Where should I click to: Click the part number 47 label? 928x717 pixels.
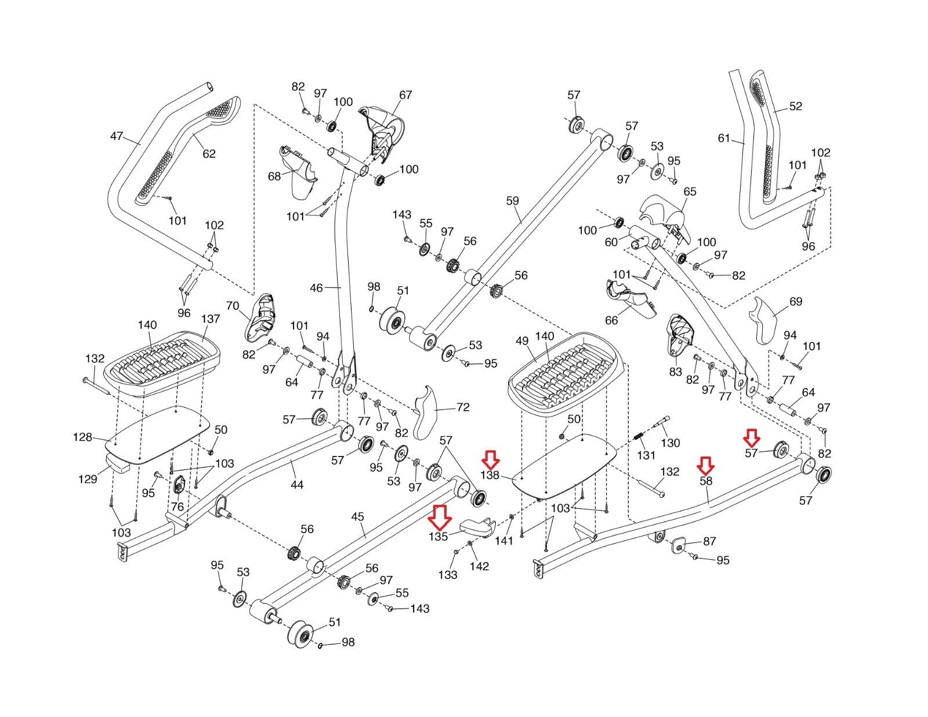pyautogui.click(x=117, y=136)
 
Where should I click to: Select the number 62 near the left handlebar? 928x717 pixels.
pyautogui.click(x=209, y=154)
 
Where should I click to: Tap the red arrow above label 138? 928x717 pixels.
pyautogui.click(x=491, y=461)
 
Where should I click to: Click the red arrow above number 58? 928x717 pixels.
pyautogui.click(x=705, y=464)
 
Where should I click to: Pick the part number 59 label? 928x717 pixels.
pyautogui.click(x=512, y=201)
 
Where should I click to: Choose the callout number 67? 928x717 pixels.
pyautogui.click(x=405, y=95)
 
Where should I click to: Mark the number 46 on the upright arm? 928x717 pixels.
pyautogui.click(x=316, y=288)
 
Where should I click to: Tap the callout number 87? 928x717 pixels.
pyautogui.click(x=709, y=541)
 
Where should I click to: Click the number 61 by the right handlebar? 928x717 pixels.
pyautogui.click(x=724, y=138)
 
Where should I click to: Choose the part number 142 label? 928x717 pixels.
pyautogui.click(x=479, y=566)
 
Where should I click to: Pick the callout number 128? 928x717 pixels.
pyautogui.click(x=82, y=437)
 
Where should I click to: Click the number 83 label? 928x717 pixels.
pyautogui.click(x=675, y=372)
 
